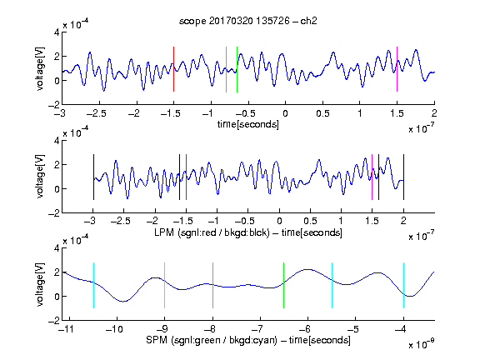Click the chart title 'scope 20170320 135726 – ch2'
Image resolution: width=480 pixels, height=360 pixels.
[248, 21]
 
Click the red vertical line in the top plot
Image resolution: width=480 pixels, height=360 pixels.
[173, 69]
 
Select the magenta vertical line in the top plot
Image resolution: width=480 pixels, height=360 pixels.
[397, 69]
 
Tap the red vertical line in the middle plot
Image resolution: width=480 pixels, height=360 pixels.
[186, 177]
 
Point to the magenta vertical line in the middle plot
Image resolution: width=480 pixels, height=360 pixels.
[372, 177]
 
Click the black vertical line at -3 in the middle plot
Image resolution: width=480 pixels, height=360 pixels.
[93, 177]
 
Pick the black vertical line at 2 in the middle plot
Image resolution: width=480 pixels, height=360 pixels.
[403, 177]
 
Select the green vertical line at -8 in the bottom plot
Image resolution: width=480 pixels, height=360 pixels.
[212, 285]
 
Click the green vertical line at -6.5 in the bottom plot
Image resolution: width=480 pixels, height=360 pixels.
[284, 285]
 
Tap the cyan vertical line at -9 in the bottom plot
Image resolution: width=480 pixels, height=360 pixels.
[165, 285]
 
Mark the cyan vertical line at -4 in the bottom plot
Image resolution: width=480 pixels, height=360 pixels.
[403, 285]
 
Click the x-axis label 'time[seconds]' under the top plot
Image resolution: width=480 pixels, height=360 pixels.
[248, 124]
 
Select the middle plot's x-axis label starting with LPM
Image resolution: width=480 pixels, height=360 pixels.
[248, 232]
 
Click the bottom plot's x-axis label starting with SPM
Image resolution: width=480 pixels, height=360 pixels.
[248, 340]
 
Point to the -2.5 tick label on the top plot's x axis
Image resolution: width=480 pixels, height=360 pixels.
[97, 113]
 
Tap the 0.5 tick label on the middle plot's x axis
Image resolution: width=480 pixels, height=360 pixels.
[310, 221]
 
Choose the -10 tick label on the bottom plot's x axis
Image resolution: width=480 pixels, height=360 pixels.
[114, 329]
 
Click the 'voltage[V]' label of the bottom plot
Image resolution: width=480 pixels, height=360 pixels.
[40, 284]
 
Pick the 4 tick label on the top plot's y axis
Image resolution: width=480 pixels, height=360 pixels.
[57, 32]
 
